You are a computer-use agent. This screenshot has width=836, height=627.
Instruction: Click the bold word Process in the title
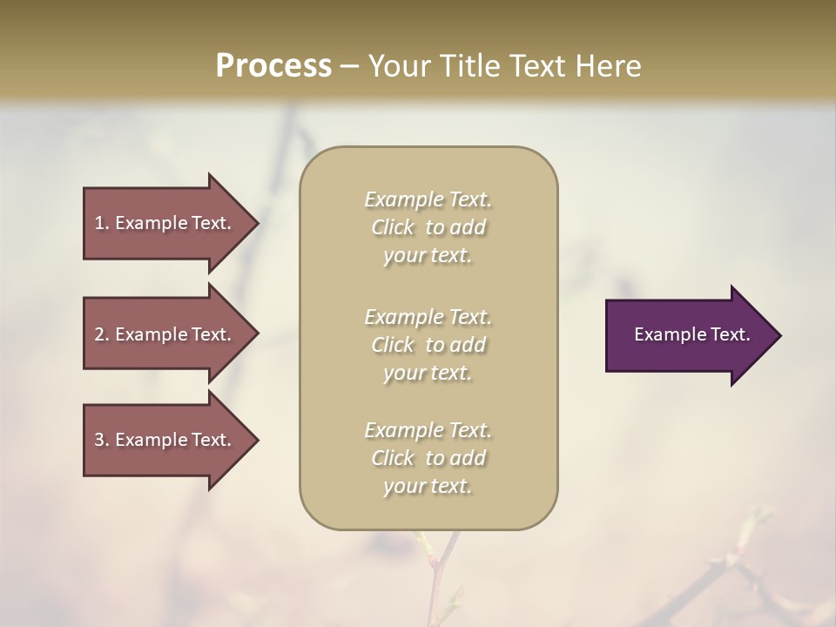pos(273,66)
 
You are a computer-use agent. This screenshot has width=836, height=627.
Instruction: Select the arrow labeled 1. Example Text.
pos(165,223)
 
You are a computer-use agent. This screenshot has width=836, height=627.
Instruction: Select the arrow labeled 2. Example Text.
pos(165,334)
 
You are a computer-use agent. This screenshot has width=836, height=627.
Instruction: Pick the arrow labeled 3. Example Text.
pos(165,440)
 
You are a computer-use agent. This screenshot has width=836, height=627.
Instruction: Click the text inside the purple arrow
pos(691,334)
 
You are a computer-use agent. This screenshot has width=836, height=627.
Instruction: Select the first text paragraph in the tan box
pos(428,227)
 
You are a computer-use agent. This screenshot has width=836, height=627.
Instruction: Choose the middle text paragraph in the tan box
pos(428,345)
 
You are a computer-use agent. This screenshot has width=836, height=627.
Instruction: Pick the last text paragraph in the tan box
pos(428,458)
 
